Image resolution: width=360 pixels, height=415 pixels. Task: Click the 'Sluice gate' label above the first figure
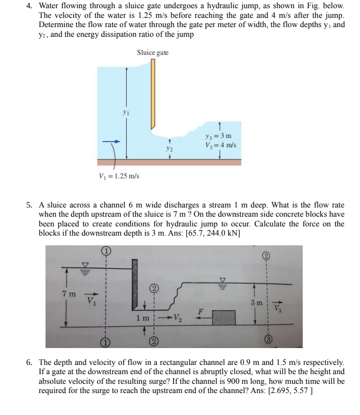point(152,53)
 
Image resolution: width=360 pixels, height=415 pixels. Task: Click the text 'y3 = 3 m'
point(217,135)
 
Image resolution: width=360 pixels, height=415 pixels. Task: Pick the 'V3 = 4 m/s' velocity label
point(219,144)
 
